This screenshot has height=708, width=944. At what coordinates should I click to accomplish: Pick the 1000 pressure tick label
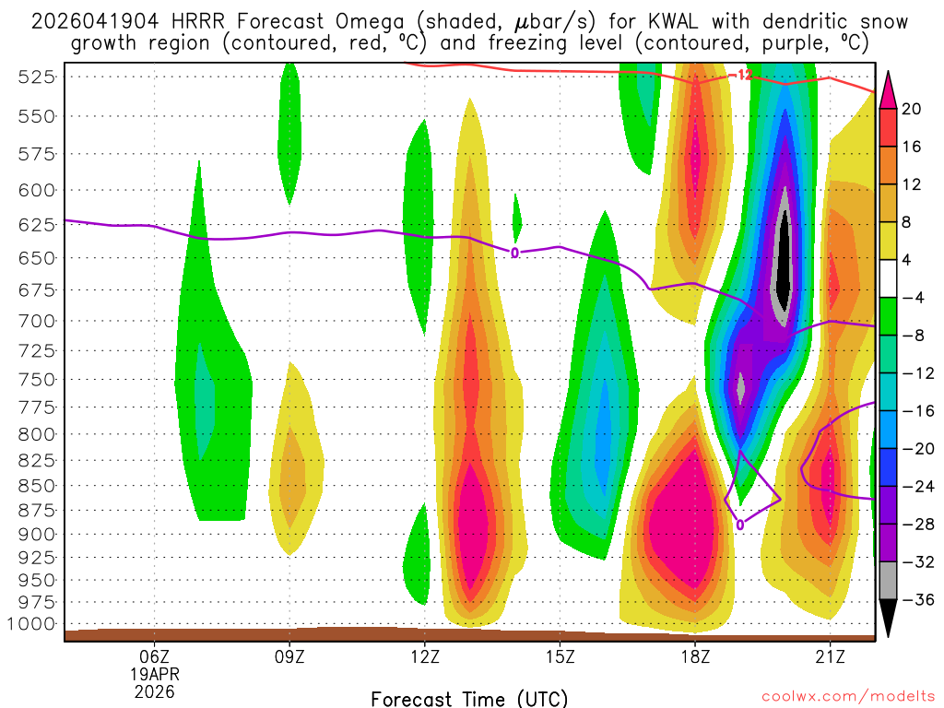pos(33,623)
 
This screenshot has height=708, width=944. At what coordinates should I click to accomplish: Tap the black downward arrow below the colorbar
pos(889,620)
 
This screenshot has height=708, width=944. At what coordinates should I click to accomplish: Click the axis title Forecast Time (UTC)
pos(469,698)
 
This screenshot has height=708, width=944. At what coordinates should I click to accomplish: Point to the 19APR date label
pos(154,673)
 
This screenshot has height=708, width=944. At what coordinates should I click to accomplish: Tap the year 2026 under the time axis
pos(154,690)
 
